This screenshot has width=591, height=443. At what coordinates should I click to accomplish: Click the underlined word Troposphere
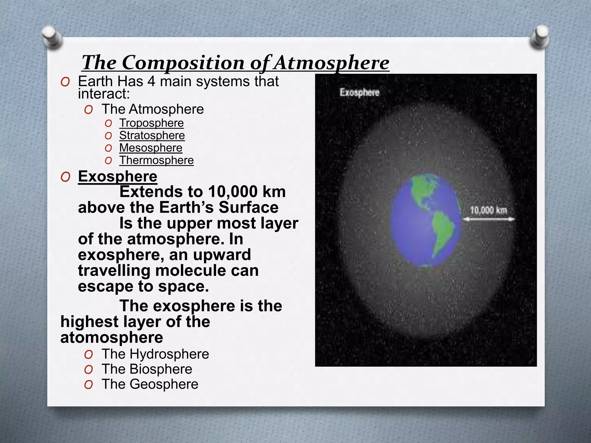point(152,123)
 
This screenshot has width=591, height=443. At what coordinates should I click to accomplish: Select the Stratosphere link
point(152,136)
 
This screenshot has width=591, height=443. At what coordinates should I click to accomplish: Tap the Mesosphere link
point(151,148)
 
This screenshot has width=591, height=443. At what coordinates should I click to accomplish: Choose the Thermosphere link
point(156,160)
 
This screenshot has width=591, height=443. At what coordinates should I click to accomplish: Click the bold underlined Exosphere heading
point(117,176)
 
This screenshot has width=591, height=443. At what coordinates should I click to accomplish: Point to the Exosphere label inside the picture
point(359,93)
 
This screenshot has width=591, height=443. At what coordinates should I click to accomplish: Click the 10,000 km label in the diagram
point(488,210)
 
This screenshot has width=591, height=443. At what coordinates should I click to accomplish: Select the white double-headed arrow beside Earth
point(489,219)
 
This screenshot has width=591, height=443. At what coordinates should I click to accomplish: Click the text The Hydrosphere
point(155,354)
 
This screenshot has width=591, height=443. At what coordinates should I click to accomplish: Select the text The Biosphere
point(147,369)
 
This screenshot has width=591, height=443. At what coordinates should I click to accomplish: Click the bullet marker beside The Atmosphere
point(89,110)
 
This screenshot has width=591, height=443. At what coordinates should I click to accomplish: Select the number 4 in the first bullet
point(152,82)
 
